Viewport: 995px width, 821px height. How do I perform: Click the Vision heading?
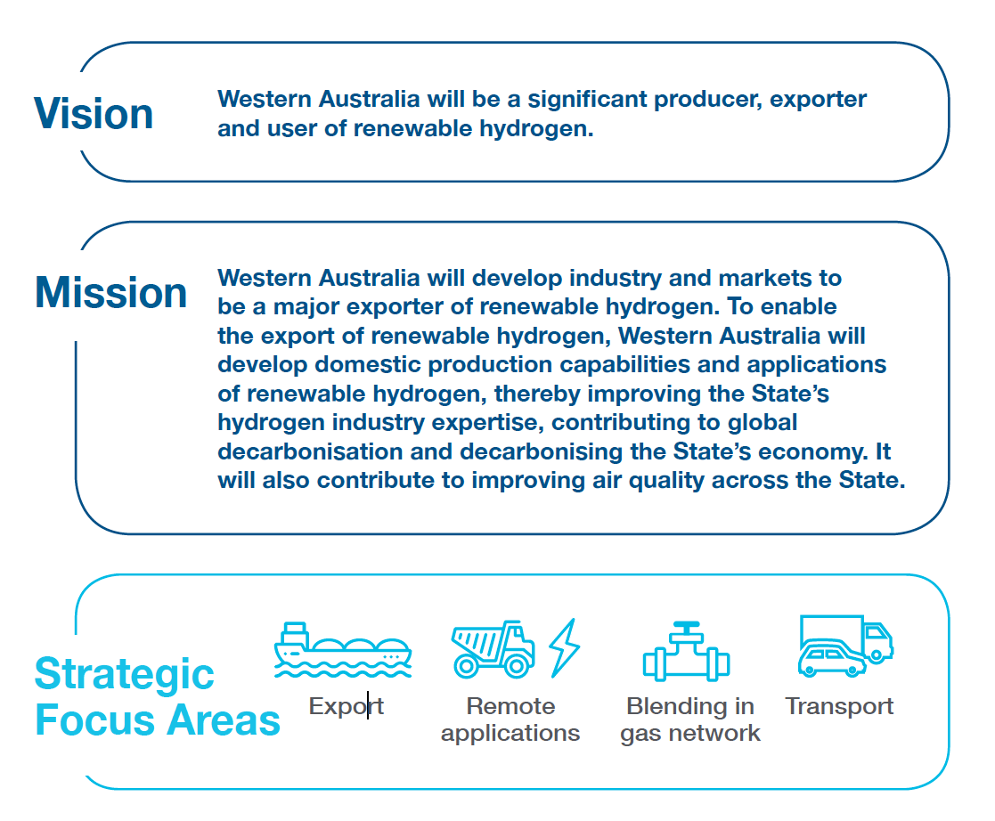94,114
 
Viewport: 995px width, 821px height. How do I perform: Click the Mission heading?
111,292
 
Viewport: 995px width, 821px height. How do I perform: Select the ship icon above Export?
343,650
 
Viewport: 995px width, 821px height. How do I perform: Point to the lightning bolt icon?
564,647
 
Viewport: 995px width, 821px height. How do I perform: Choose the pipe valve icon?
687,652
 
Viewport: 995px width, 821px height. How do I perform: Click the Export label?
347,707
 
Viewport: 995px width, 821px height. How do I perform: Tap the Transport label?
839,706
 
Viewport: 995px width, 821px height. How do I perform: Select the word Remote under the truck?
510,706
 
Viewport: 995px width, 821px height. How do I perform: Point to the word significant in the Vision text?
587,101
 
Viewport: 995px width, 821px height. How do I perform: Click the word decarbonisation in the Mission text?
310,451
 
